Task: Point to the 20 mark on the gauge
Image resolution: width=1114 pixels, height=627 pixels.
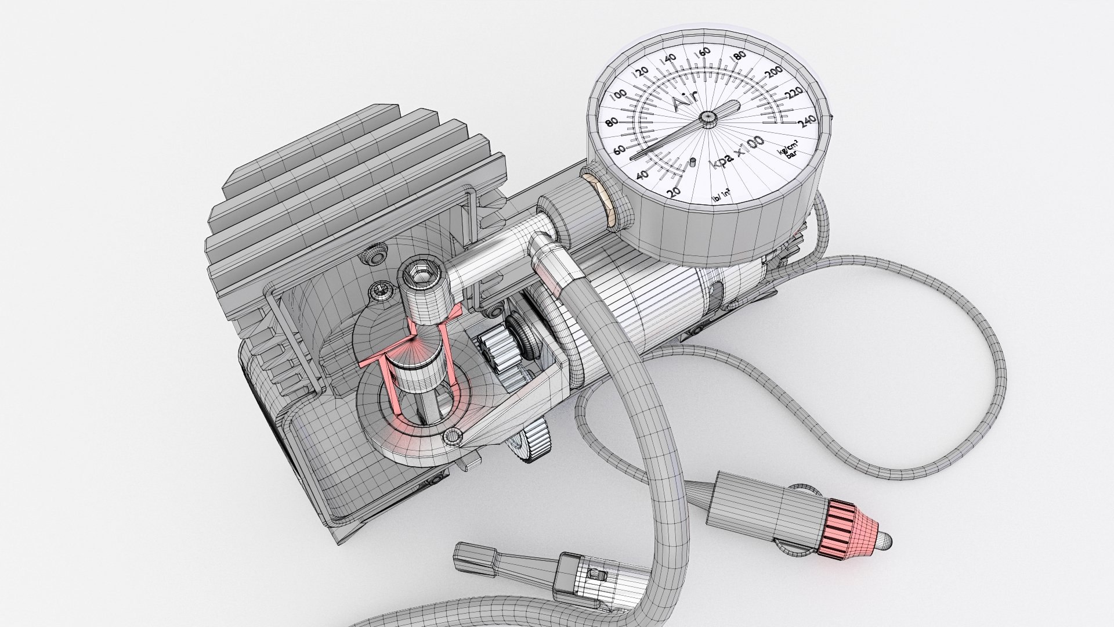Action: click(x=672, y=192)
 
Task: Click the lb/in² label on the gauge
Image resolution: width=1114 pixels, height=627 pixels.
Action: click(x=721, y=199)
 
